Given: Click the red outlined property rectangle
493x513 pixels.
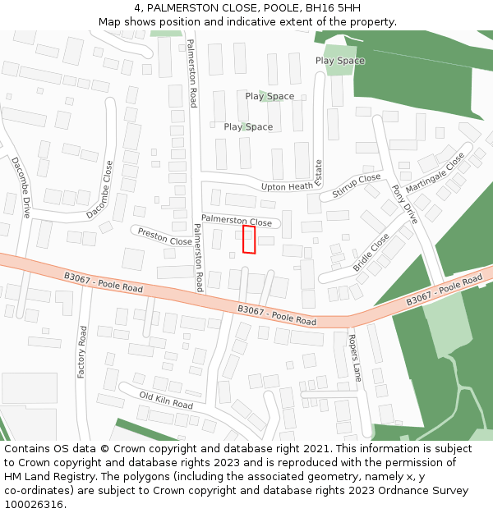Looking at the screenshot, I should [x=249, y=240].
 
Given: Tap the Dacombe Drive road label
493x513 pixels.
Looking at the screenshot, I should [x=21, y=187].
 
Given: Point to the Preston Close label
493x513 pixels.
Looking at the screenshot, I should [x=164, y=236].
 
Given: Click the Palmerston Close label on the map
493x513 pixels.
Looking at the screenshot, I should [x=236, y=221].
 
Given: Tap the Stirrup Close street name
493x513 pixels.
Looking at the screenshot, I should [x=357, y=186].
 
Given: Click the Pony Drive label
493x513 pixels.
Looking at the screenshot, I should [x=404, y=204].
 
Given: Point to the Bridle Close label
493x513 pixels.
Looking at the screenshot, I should [x=371, y=253].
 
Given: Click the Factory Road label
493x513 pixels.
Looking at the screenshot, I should [x=82, y=351].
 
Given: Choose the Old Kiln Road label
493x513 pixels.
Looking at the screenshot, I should [x=166, y=400].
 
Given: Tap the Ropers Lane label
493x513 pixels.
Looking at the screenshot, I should [x=355, y=358].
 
